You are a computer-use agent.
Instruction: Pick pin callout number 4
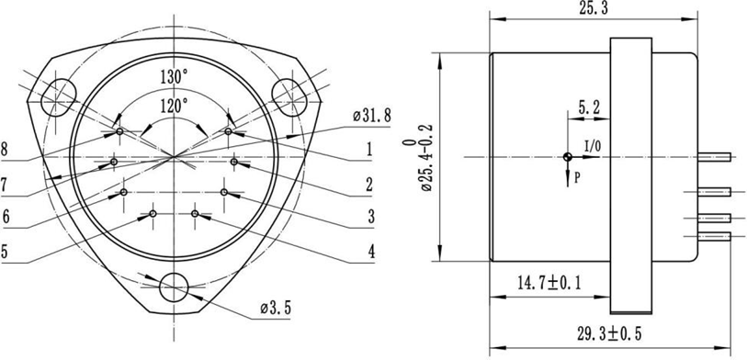pyautogui.click(x=368, y=250)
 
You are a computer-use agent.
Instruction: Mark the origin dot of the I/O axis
pyautogui.click(x=568, y=157)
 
